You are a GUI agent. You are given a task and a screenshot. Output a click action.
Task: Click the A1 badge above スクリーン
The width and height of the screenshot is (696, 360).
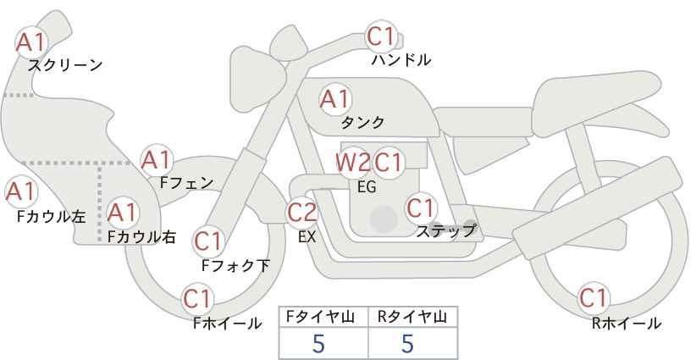(32, 42)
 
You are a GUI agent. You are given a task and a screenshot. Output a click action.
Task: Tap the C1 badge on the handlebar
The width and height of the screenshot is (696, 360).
(381, 37)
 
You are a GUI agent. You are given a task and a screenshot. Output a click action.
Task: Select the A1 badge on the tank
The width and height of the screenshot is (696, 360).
(334, 99)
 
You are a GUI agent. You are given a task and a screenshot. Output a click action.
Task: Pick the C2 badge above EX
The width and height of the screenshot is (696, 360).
(302, 213)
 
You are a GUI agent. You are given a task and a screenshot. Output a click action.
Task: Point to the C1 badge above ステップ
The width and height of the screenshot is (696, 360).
(421, 208)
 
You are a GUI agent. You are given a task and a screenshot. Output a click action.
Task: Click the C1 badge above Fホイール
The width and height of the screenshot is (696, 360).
(197, 299)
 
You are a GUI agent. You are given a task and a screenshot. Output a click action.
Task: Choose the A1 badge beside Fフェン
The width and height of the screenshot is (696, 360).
(156, 159)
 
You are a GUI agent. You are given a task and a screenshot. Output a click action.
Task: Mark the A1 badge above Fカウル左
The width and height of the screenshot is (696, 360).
(20, 191)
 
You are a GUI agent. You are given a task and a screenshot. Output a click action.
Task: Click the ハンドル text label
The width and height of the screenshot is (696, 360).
(401, 60)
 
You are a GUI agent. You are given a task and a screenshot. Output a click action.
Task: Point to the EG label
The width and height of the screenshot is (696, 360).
(367, 187)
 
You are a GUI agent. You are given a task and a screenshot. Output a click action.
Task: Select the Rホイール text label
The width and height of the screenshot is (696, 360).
(627, 323)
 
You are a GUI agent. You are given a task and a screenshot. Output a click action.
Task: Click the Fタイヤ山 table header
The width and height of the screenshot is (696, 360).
(323, 317)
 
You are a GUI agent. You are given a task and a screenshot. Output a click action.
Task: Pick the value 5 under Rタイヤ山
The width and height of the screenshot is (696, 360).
(408, 344)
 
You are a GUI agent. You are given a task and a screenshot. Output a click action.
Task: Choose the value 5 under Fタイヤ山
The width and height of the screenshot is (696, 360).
(319, 344)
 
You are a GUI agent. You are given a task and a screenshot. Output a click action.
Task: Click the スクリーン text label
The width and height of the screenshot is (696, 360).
(65, 65)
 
